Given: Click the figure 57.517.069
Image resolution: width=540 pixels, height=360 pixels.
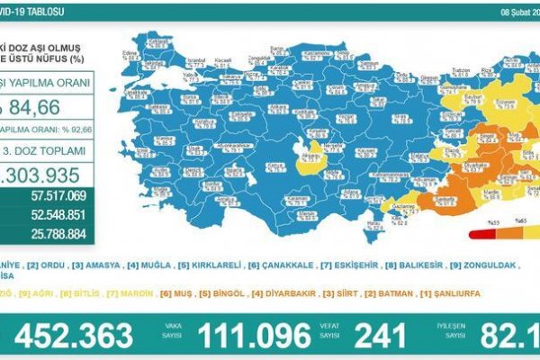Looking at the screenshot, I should point(58,194).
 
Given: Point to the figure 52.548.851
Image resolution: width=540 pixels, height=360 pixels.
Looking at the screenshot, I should point(58,215).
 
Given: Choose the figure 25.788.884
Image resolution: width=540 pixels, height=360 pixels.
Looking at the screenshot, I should point(58,235).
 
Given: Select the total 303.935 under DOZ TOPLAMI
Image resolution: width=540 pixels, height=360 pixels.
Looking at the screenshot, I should point(45,174).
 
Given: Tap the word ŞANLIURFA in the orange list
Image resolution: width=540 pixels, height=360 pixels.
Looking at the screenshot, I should point(447,293).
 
